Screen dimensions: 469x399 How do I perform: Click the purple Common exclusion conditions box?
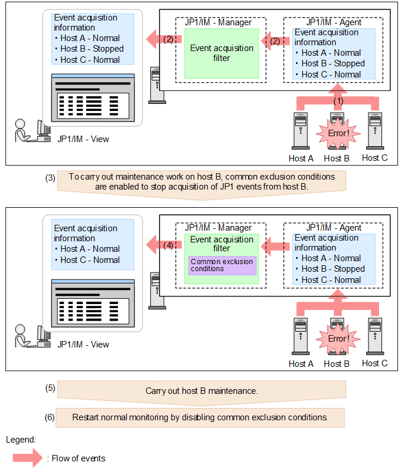pyautogui.click(x=222, y=265)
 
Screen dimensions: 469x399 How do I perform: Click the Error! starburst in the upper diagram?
pyautogui.click(x=336, y=133)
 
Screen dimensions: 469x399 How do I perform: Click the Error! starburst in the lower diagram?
pyautogui.click(x=336, y=338)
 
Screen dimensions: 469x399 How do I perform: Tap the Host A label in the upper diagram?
pyautogui.click(x=300, y=158)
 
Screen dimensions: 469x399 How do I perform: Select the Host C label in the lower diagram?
pyautogui.click(x=374, y=363)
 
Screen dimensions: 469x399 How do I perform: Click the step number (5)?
pyautogui.click(x=50, y=388)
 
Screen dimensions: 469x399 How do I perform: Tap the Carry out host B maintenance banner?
pyautogui.click(x=201, y=390)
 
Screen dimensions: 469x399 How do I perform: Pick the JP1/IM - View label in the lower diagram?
pyautogui.click(x=83, y=345)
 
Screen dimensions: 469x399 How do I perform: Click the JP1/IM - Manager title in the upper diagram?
pyautogui.click(x=218, y=22)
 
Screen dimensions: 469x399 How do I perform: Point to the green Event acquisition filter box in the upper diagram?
pyautogui.click(x=222, y=53)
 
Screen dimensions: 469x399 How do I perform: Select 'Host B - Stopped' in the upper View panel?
pyautogui.click(x=92, y=49)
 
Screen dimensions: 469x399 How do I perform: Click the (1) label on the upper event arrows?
pyautogui.click(x=337, y=100)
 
